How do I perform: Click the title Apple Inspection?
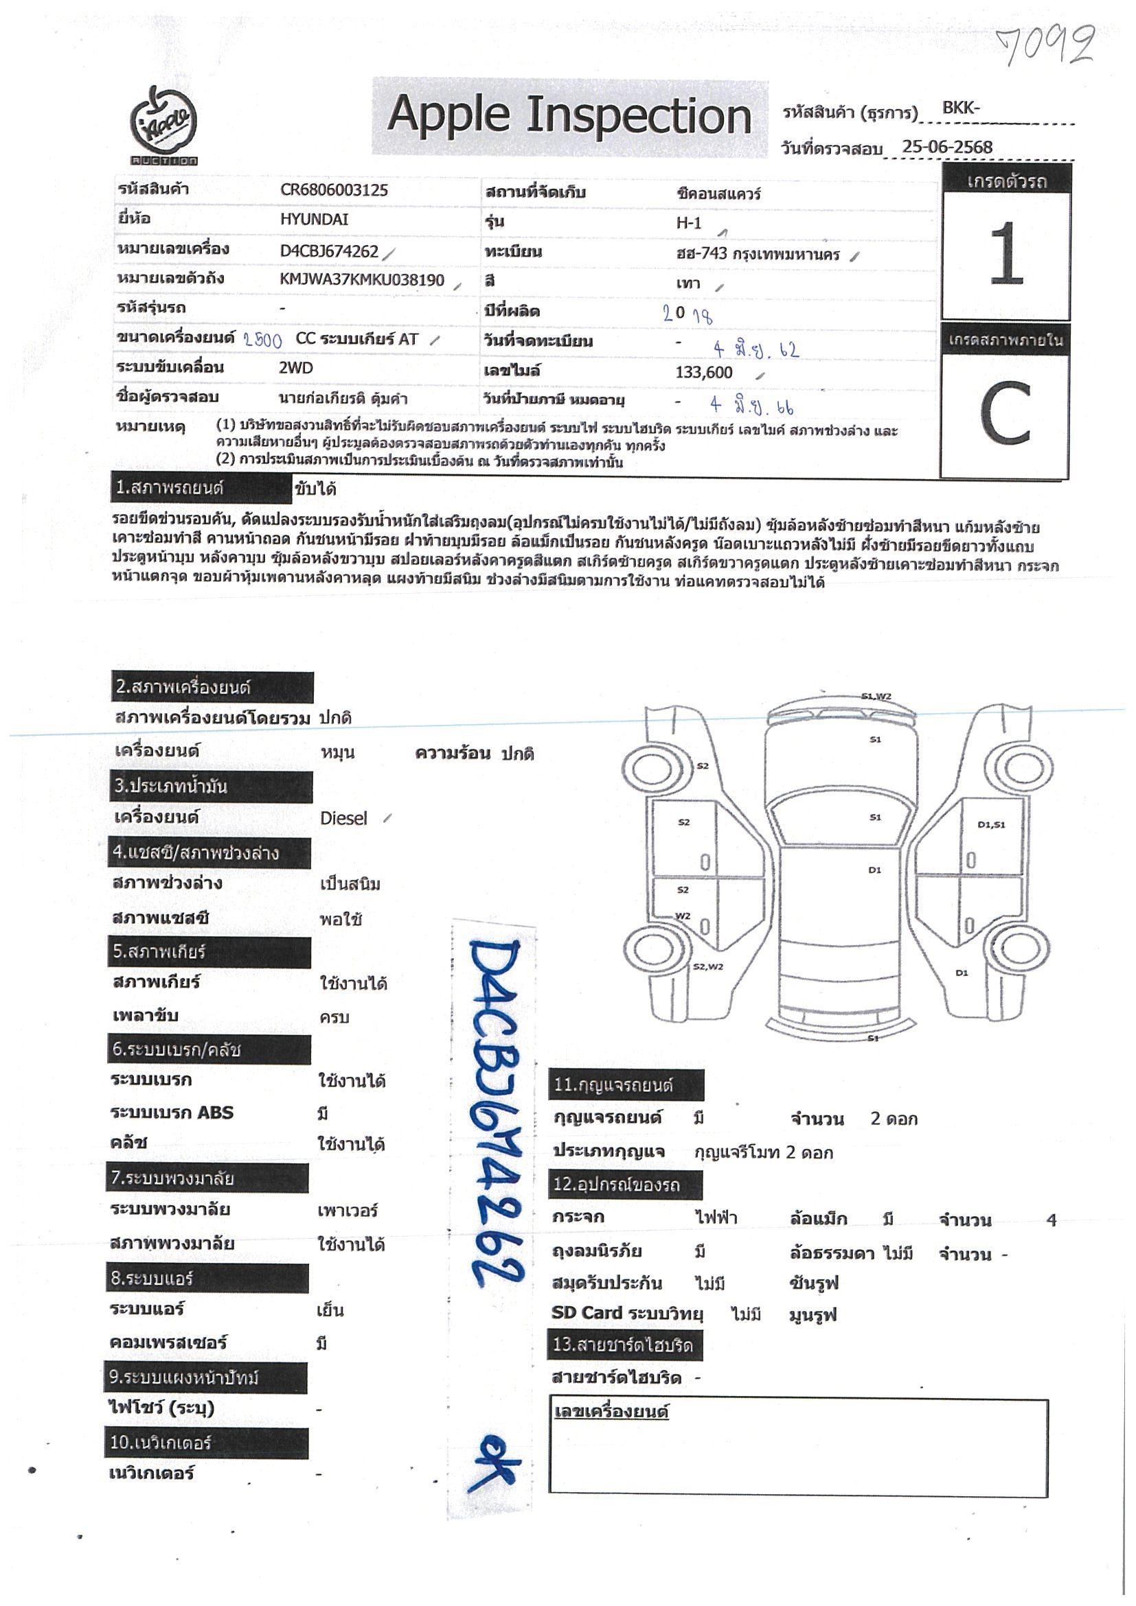tap(569, 115)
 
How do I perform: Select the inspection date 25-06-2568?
tap(946, 147)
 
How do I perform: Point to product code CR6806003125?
tap(334, 190)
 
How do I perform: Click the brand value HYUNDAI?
tap(314, 220)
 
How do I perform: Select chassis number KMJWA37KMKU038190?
tap(362, 281)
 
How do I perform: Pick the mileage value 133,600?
tap(703, 373)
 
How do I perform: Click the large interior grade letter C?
tap(1005, 414)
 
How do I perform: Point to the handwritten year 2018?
tap(688, 314)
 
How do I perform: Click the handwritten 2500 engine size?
tap(262, 340)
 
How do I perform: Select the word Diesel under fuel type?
tap(343, 818)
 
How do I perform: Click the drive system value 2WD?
tap(295, 369)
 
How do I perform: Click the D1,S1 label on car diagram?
tap(990, 825)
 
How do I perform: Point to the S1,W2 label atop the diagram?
tap(876, 697)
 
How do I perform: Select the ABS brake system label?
tap(172, 1113)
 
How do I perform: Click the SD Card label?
tap(586, 1313)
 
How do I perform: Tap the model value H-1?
tap(688, 223)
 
